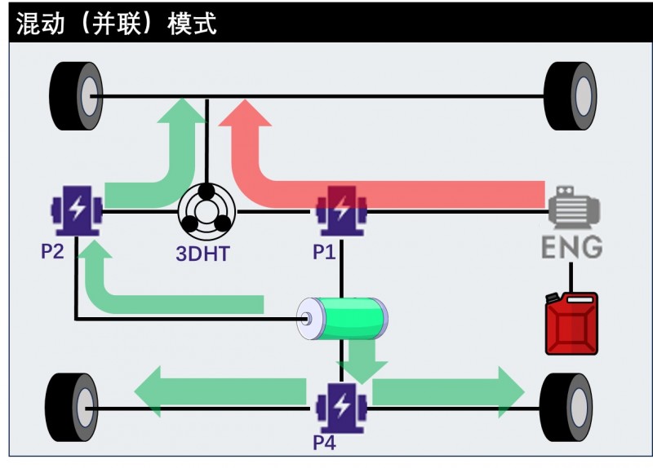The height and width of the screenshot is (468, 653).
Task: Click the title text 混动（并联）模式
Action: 116,22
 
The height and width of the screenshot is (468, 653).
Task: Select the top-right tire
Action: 571,96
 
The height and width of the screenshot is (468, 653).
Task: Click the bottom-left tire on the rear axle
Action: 74,407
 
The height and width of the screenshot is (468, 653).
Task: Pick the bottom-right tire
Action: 566,407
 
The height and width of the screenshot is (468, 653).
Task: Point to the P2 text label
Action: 52,251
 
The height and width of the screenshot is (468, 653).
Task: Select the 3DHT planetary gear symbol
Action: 207,211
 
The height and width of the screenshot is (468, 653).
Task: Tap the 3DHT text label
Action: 202,254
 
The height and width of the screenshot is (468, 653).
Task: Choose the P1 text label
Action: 324,252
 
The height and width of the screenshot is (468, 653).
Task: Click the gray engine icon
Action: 574,210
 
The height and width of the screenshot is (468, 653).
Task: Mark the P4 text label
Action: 324,443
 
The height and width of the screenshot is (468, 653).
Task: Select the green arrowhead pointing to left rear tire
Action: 150,391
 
